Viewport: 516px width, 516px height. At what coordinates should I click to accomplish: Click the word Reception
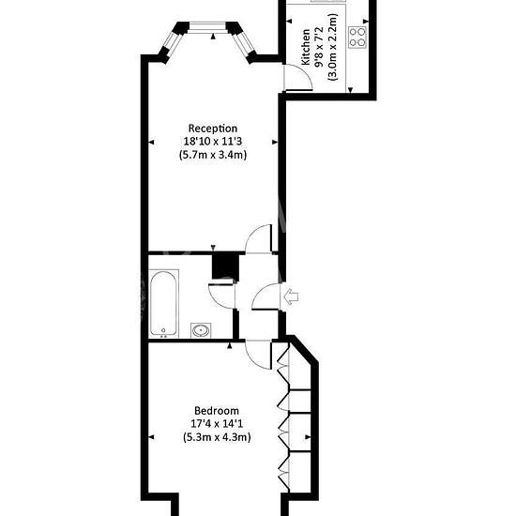[213, 129]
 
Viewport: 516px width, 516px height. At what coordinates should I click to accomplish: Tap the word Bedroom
[217, 411]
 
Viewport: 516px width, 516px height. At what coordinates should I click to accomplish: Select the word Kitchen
[306, 47]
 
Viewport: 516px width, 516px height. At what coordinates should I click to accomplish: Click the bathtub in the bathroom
[164, 304]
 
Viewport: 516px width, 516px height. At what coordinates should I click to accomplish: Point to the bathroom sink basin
[201, 330]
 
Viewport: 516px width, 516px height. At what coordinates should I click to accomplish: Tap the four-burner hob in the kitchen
[357, 38]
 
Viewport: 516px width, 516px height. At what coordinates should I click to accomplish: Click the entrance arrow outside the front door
[291, 296]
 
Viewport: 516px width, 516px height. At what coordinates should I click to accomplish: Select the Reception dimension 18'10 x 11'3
[213, 142]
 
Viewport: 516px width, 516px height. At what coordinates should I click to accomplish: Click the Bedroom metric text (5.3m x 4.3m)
[217, 437]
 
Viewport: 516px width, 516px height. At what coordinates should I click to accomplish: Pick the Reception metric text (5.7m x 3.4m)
[213, 155]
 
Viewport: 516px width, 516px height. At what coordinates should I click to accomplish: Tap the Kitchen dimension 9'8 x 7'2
[319, 47]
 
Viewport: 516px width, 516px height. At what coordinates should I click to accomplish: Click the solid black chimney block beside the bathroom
[225, 266]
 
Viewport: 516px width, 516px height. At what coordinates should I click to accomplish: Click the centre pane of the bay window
[207, 27]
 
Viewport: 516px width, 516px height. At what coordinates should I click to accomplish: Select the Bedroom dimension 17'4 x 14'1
[217, 424]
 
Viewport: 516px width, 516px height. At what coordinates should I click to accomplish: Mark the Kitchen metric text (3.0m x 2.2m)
[332, 47]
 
